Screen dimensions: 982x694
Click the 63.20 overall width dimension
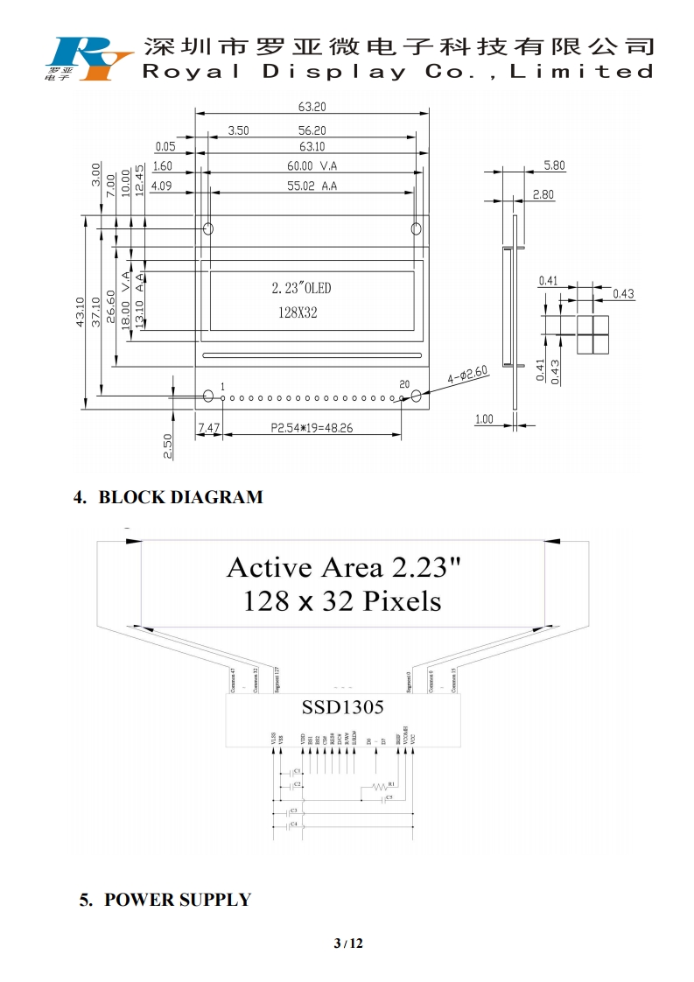(x=312, y=108)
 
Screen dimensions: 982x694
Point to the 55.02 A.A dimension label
(x=312, y=186)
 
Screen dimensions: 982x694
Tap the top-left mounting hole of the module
(x=208, y=229)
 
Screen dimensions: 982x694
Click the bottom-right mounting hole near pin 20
(x=417, y=396)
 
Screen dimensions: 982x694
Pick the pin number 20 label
(x=404, y=384)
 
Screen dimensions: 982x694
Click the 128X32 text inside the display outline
(x=298, y=312)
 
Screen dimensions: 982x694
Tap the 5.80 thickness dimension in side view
(x=554, y=165)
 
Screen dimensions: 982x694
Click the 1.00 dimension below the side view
(x=484, y=419)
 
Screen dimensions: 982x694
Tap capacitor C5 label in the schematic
(x=389, y=798)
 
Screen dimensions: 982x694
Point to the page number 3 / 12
(x=347, y=943)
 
